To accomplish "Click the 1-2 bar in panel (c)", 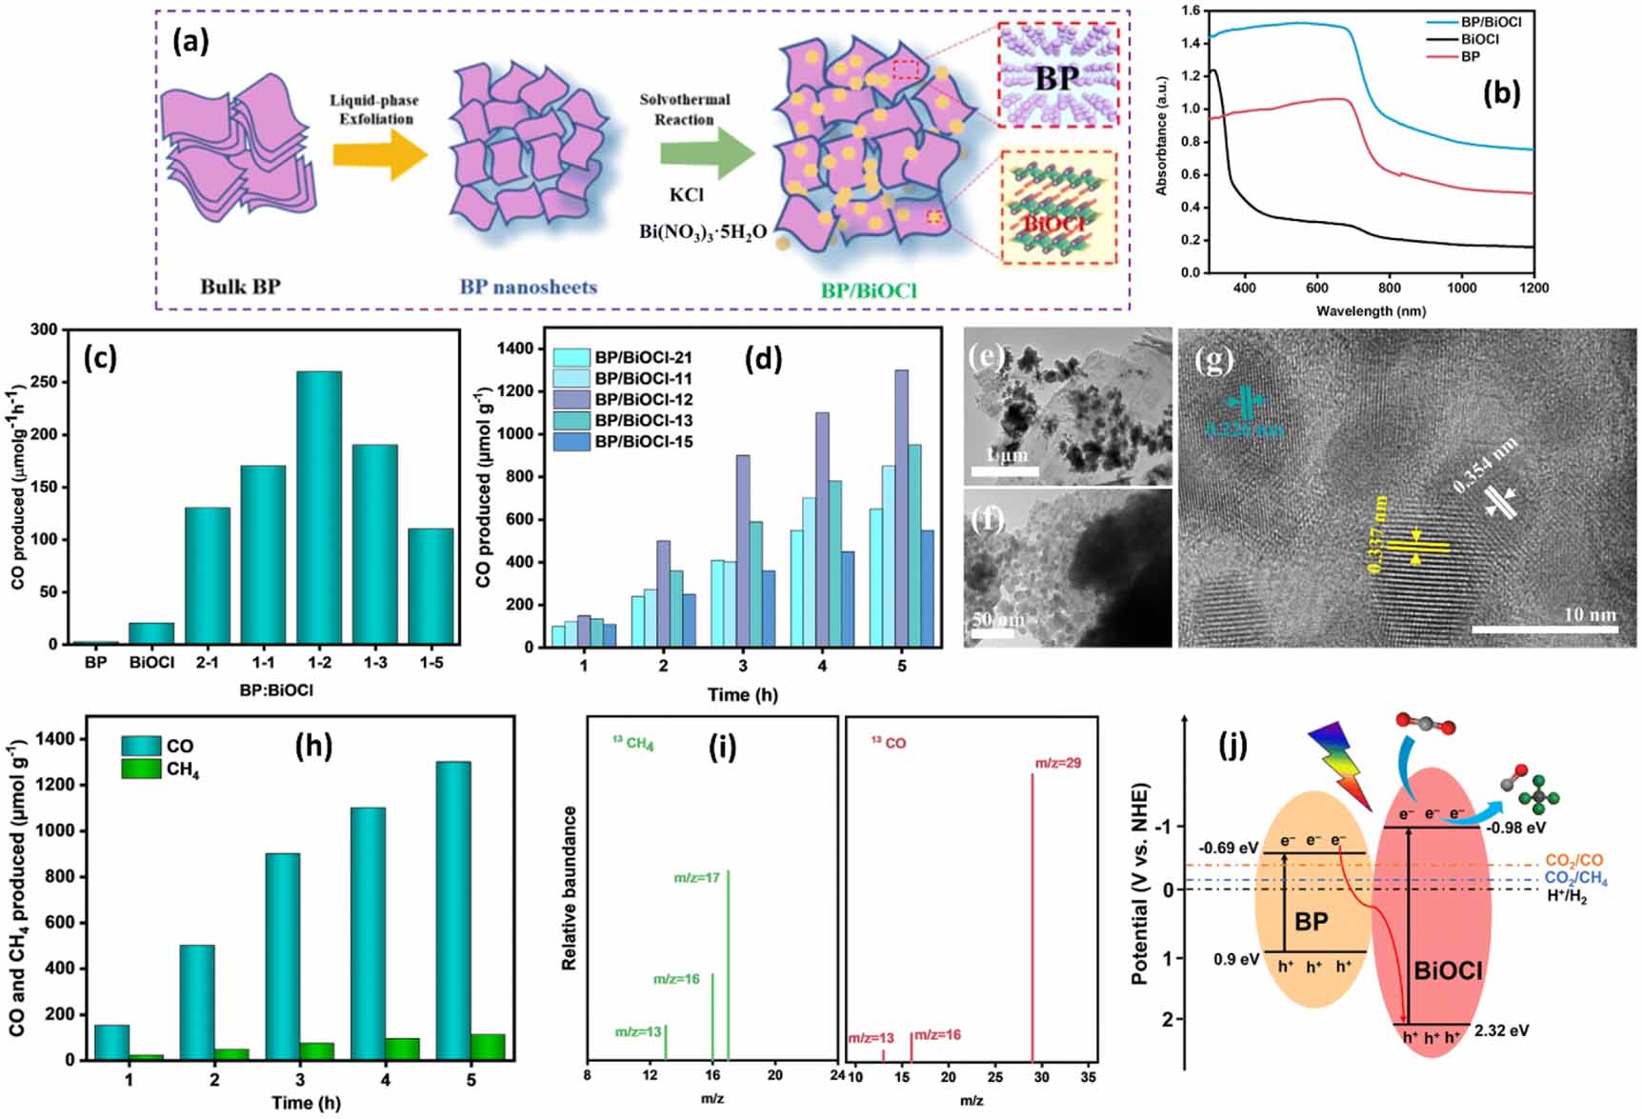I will click(x=319, y=507).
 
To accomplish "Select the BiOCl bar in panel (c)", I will click(x=152, y=633).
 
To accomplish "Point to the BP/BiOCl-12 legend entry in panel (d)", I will click(x=643, y=400).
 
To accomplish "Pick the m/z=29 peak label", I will click(x=1057, y=763).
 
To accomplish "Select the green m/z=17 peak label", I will click(x=697, y=878).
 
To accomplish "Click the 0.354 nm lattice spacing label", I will click(x=1486, y=467).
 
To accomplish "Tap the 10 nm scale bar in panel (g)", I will click(x=1544, y=629).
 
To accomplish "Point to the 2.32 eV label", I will click(x=1501, y=1030).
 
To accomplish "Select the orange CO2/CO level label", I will click(x=1573, y=861).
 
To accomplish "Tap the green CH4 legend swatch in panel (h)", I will click(x=141, y=769).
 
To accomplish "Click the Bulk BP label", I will click(x=240, y=286).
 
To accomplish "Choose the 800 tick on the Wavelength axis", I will click(x=1389, y=288).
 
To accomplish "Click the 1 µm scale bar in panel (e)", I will click(x=1005, y=470).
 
